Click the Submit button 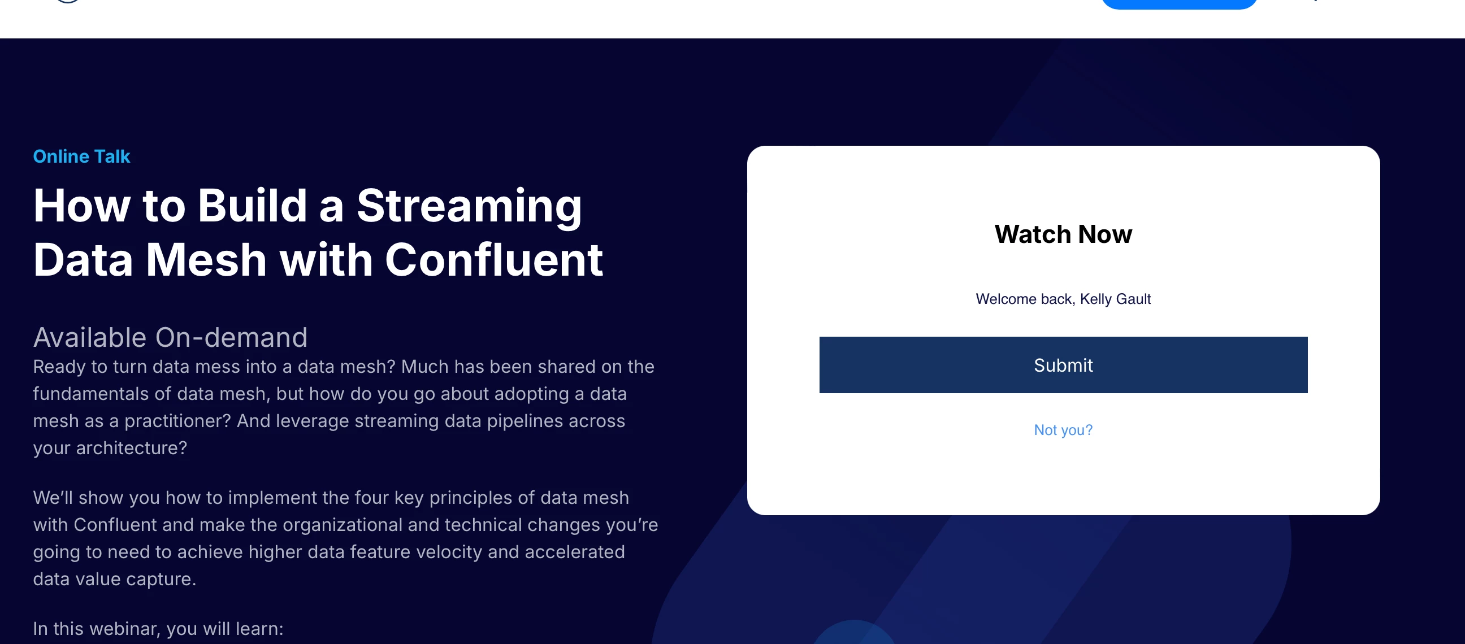pos(1063,365)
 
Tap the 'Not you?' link pos(1063,430)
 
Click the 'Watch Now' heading pos(1063,234)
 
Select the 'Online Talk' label pos(81,156)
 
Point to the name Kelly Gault pos(1115,299)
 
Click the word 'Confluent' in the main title pos(493,260)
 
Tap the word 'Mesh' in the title pos(206,260)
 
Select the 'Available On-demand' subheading pos(170,338)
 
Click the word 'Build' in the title pos(253,205)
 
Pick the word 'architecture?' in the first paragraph pos(131,448)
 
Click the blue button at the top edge pos(1179,3)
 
